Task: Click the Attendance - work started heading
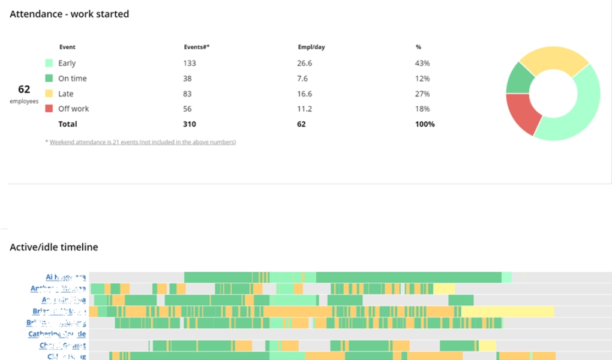[69, 14]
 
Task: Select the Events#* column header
[196, 47]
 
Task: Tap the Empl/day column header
[311, 47]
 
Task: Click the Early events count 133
[190, 63]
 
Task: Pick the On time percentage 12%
[422, 79]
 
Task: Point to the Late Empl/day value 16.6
[304, 94]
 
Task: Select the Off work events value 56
[188, 109]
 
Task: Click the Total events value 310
[190, 124]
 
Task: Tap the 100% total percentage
[425, 124]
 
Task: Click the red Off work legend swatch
[49, 109]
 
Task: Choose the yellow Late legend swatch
[49, 94]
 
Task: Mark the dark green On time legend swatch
[49, 79]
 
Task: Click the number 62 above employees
[24, 89]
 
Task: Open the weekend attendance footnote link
[143, 142]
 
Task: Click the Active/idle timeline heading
[53, 247]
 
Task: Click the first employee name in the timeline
[66, 277]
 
